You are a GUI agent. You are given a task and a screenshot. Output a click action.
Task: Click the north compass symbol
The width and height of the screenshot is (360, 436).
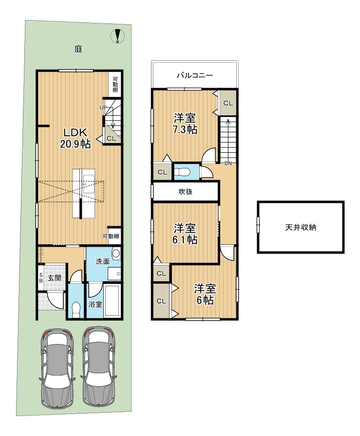pos(117,36)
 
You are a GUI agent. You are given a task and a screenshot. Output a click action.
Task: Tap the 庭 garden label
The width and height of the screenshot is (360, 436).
pos(78,49)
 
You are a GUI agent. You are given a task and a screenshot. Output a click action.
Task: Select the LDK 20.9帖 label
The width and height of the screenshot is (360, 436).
pos(76,138)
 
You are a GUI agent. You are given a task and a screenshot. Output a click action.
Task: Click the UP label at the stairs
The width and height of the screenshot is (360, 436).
pos(103,108)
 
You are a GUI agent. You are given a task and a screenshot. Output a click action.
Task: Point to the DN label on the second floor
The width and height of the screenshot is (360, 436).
pos(228,163)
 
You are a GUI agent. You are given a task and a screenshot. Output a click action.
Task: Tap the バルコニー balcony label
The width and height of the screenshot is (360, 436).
pos(195,75)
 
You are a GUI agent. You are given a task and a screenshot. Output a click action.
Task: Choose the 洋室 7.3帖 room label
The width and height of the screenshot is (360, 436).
pos(185,124)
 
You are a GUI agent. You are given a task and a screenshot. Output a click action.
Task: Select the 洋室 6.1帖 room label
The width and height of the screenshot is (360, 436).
pos(185,234)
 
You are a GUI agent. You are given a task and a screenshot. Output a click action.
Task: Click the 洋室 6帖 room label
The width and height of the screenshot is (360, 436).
pos(205,294)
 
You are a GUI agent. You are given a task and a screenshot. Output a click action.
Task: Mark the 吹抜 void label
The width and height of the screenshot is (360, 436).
pos(186,192)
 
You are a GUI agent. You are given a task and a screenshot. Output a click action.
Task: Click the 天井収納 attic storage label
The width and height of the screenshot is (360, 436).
pos(301,227)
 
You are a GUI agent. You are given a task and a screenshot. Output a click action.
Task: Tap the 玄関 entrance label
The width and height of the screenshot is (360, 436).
pos(54,278)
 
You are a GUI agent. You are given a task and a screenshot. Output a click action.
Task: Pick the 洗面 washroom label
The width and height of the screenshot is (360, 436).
pos(102,261)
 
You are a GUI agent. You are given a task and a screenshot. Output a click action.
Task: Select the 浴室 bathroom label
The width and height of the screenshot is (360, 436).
pos(95,304)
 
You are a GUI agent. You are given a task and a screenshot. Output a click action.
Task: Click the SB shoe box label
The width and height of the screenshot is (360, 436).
pos(40,278)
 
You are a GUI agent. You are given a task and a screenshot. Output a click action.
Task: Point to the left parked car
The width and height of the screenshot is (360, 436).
pos(57,369)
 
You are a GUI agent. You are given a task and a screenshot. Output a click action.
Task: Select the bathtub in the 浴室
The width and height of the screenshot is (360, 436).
pos(112,300)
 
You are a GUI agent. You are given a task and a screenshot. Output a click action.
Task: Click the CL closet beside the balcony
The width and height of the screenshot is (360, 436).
pos(228,103)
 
